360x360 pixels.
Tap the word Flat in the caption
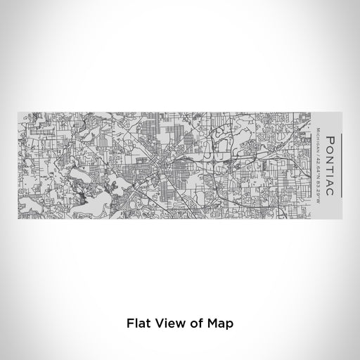(x=139, y=324)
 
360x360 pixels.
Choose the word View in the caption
(x=169, y=324)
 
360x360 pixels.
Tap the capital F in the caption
(x=130, y=324)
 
